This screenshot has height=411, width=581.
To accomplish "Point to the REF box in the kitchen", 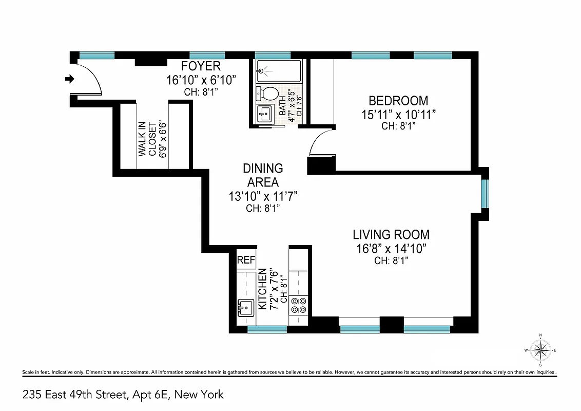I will point(246,260).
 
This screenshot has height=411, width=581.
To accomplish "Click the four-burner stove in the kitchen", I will point(299,305).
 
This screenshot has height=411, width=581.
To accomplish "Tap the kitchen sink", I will point(245,308).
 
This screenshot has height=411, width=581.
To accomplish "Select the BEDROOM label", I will point(398,101).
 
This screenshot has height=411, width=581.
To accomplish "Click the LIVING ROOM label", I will point(391,235).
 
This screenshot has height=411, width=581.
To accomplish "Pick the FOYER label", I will point(201,66).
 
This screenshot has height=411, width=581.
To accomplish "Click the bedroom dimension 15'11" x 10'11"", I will point(398,114).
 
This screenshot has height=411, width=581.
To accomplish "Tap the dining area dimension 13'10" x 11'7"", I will point(263,196).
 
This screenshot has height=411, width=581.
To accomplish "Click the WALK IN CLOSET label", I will point(147,138).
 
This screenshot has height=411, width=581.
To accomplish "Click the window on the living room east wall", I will point(485,194).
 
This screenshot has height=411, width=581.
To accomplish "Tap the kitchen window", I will point(267,329).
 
